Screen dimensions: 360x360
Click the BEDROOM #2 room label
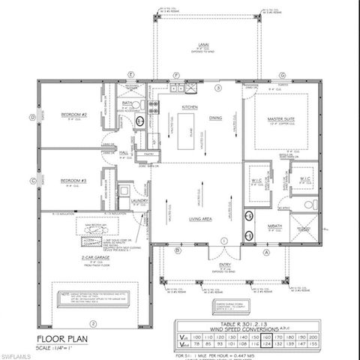coord(75,115)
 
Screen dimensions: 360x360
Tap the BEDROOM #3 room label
coord(75,181)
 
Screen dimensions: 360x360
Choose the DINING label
coord(216,118)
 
